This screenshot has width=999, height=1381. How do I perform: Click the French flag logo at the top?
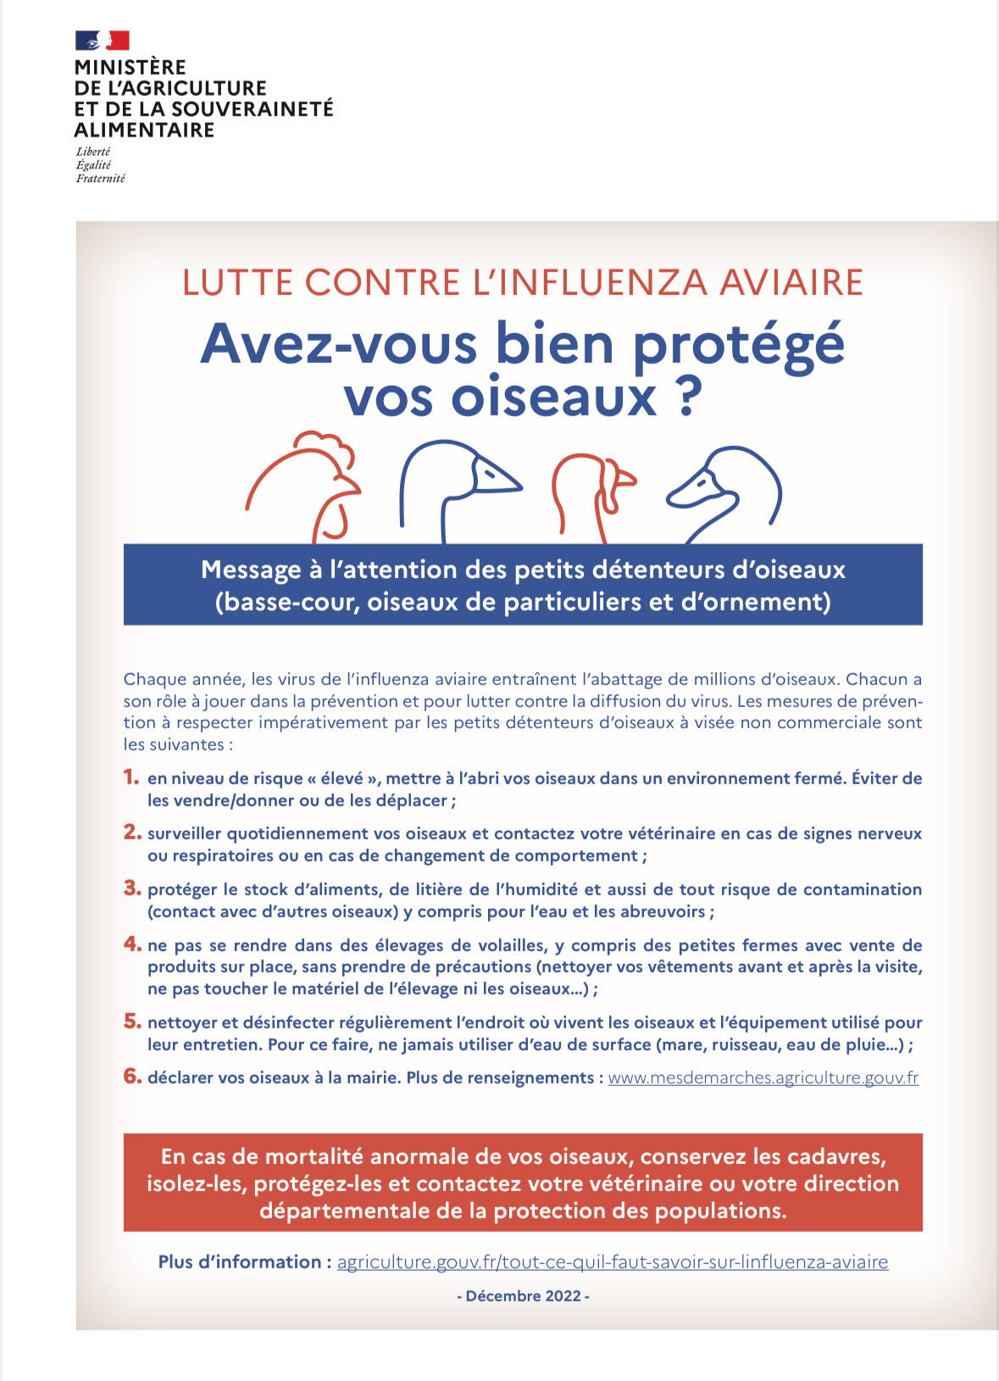102,40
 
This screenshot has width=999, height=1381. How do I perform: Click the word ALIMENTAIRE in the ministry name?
144,130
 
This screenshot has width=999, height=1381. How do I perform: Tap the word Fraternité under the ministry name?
100,178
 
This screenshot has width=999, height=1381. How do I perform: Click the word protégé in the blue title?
738,346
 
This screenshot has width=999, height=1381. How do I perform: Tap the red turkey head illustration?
593,492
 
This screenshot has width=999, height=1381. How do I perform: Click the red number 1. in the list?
131,777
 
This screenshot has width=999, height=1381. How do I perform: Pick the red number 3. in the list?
132,888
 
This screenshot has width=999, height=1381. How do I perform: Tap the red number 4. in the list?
132,944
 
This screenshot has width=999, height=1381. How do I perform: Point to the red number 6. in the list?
132,1076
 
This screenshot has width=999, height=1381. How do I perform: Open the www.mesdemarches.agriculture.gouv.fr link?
763,1078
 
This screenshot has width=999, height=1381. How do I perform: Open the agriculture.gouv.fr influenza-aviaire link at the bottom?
612,1261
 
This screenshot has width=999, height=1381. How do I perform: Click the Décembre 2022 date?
523,1295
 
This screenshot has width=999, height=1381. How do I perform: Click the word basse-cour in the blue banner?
288,602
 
